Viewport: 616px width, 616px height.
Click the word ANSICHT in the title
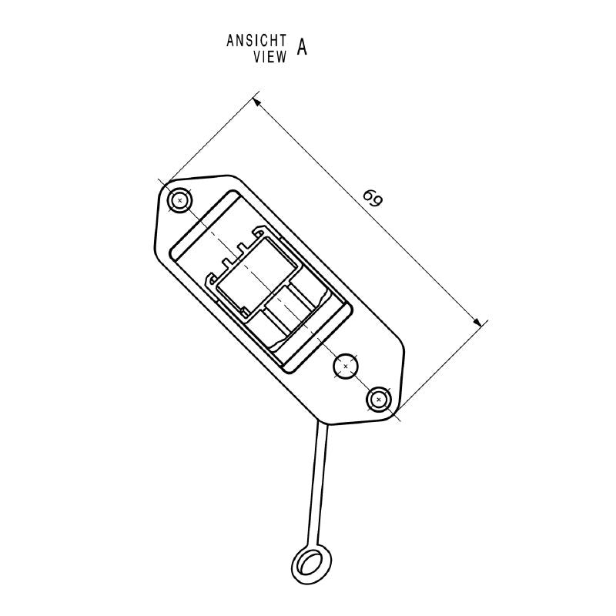tap(257, 41)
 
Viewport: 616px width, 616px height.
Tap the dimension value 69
tap(373, 199)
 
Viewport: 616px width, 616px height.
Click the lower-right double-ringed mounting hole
tap(378, 399)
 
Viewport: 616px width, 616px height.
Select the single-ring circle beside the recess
tap(346, 366)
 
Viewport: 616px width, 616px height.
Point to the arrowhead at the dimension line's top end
tap(257, 101)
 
